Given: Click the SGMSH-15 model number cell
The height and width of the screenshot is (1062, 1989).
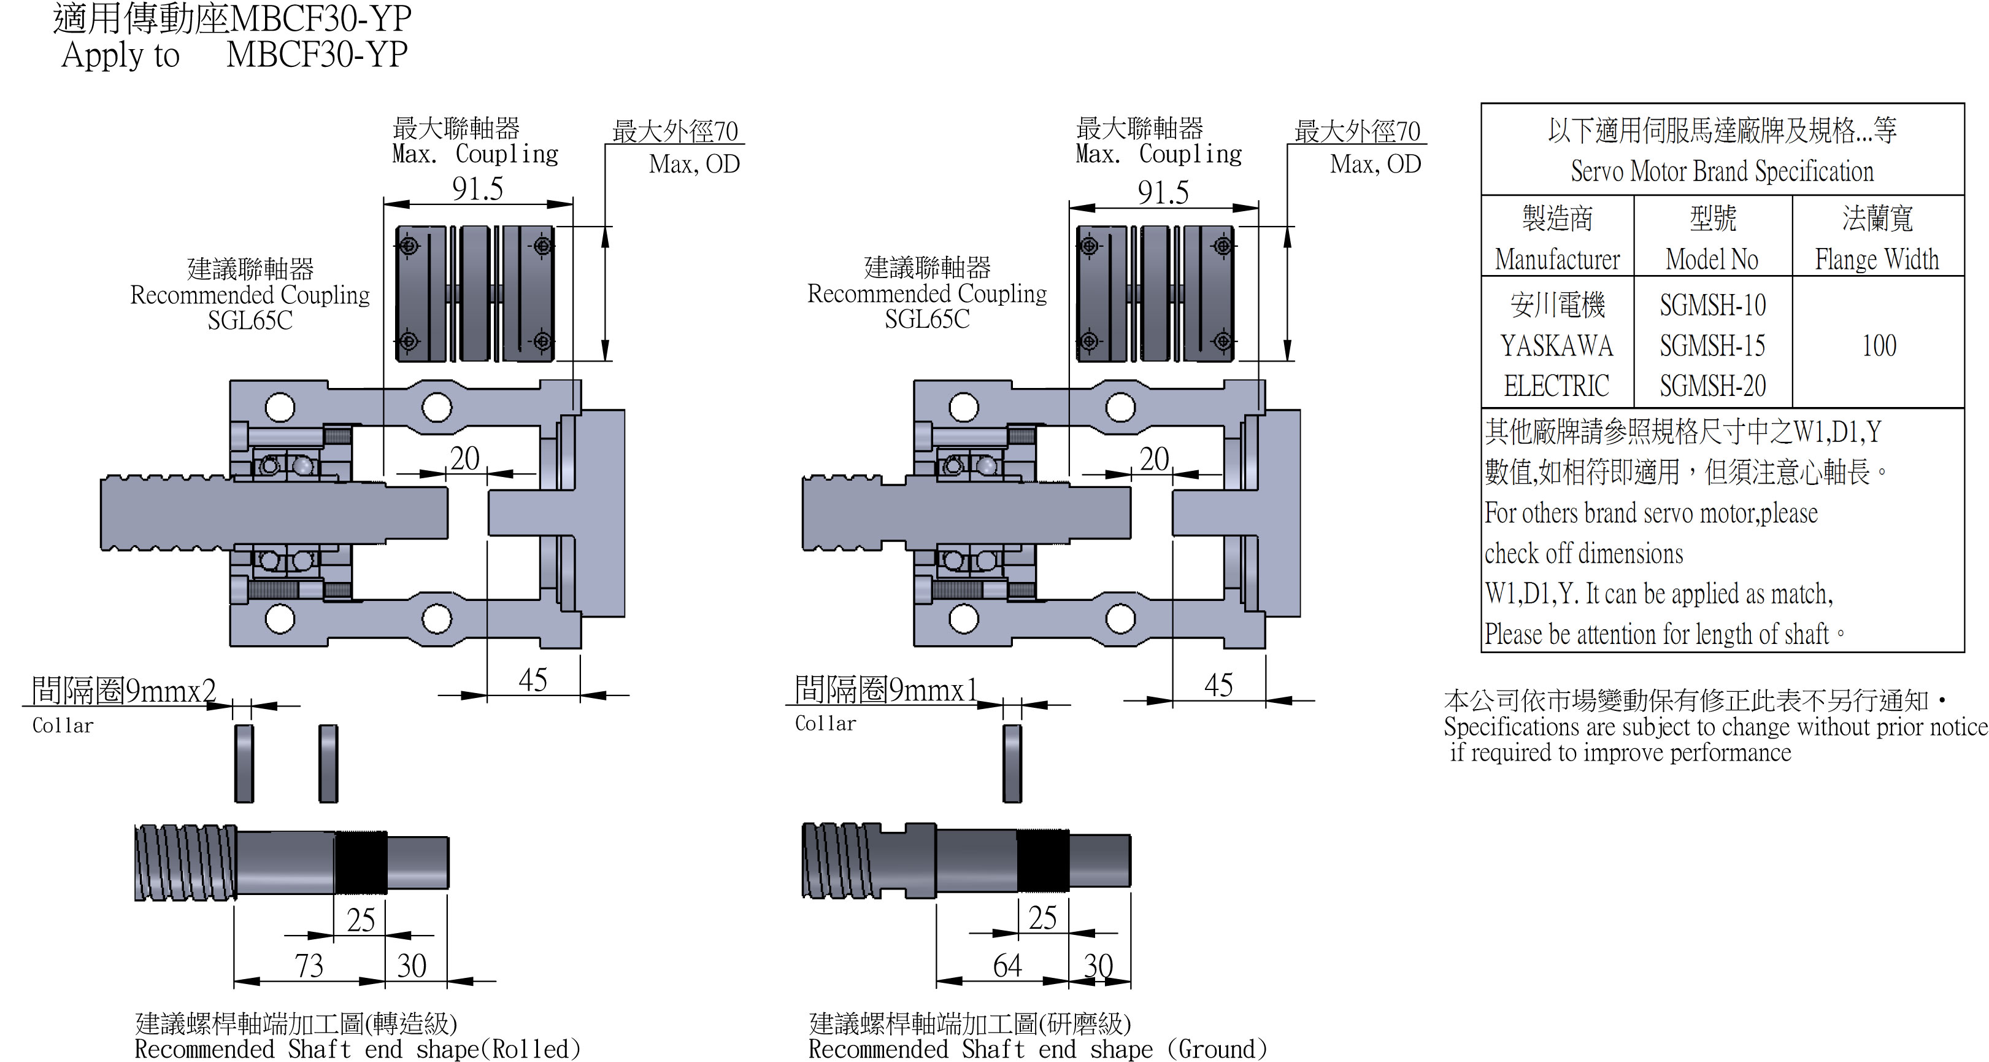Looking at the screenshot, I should coord(1712,345).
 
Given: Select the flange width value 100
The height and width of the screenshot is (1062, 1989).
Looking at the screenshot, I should coord(1879,345).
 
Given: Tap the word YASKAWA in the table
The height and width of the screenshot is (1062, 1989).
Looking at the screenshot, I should coord(1556,345).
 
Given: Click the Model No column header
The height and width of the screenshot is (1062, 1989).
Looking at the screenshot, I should coord(1712,258).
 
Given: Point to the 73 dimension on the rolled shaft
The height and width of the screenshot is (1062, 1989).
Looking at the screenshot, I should coord(309,966).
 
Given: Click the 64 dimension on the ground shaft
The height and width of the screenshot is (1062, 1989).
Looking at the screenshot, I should coord(1007,966).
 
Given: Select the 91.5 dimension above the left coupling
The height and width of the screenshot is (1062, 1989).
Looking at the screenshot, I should coord(477,188).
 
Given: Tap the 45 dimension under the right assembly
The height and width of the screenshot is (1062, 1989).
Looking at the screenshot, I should coord(1218,685).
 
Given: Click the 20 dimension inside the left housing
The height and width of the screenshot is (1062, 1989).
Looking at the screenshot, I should coord(465,459).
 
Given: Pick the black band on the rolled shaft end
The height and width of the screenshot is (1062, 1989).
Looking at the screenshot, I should coord(361,862).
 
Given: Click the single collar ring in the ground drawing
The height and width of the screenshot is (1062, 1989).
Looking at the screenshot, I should coord(1012,763).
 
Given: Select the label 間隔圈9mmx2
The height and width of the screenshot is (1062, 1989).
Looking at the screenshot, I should coord(123,691).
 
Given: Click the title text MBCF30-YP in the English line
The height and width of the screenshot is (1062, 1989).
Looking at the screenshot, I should coord(317,55).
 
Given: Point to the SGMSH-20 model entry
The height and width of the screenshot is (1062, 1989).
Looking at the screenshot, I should coord(1712,386).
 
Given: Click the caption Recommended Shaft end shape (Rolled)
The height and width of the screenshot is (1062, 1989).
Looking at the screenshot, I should coord(356,1049).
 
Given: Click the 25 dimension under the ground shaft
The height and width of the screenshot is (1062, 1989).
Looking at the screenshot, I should coord(1042,918).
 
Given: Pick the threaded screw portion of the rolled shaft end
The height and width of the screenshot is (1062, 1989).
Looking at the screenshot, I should coord(185,862).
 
